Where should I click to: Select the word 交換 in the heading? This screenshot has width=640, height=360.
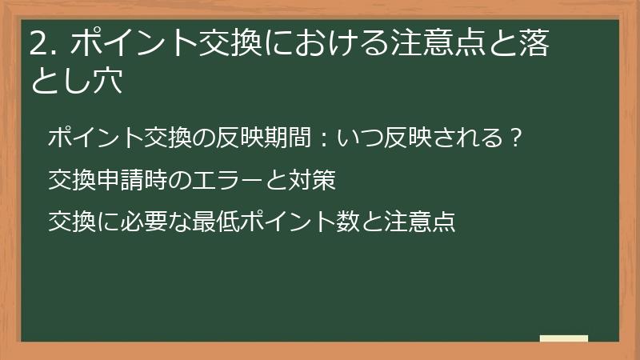[x=213, y=45]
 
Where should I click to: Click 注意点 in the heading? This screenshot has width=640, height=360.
[x=428, y=45]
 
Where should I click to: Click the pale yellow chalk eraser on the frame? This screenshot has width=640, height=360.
[x=564, y=339]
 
